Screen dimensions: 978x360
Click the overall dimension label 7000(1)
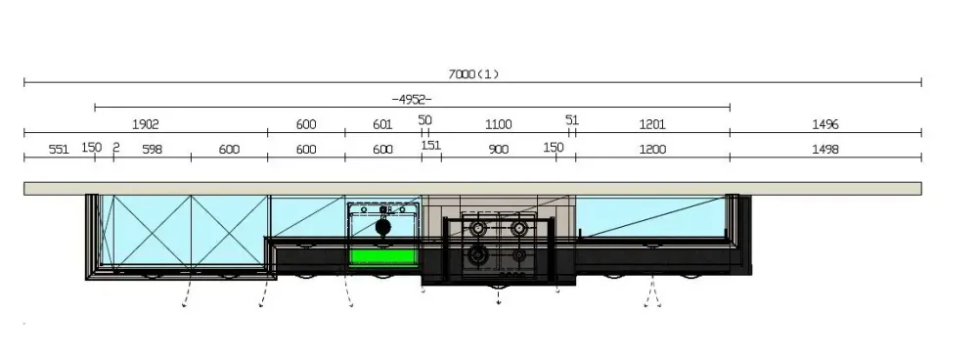click(474, 74)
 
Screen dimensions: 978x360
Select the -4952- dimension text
click(412, 99)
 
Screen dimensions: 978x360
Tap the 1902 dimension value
click(146, 124)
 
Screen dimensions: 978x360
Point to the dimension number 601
click(382, 125)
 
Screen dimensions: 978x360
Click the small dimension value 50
click(424, 119)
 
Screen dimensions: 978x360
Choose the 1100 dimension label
click(499, 125)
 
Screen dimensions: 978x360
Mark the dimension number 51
click(572, 119)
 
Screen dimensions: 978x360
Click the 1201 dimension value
click(652, 125)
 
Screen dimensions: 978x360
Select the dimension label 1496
click(825, 125)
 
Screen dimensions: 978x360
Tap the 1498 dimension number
click(825, 149)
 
